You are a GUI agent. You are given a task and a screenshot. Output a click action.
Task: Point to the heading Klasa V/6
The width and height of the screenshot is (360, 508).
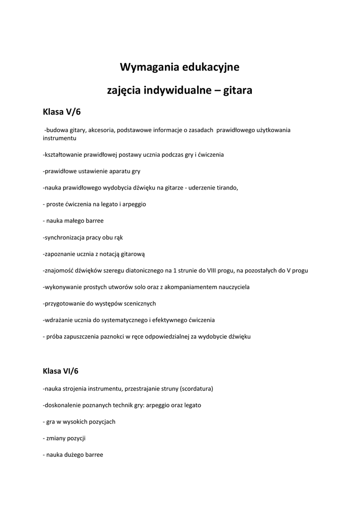point(62,113)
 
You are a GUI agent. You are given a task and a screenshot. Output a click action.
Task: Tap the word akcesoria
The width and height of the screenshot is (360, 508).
point(102,130)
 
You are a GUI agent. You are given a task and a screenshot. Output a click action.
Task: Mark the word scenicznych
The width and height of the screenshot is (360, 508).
point(140,303)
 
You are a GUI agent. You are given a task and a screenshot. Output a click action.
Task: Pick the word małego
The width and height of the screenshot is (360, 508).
point(76,221)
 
